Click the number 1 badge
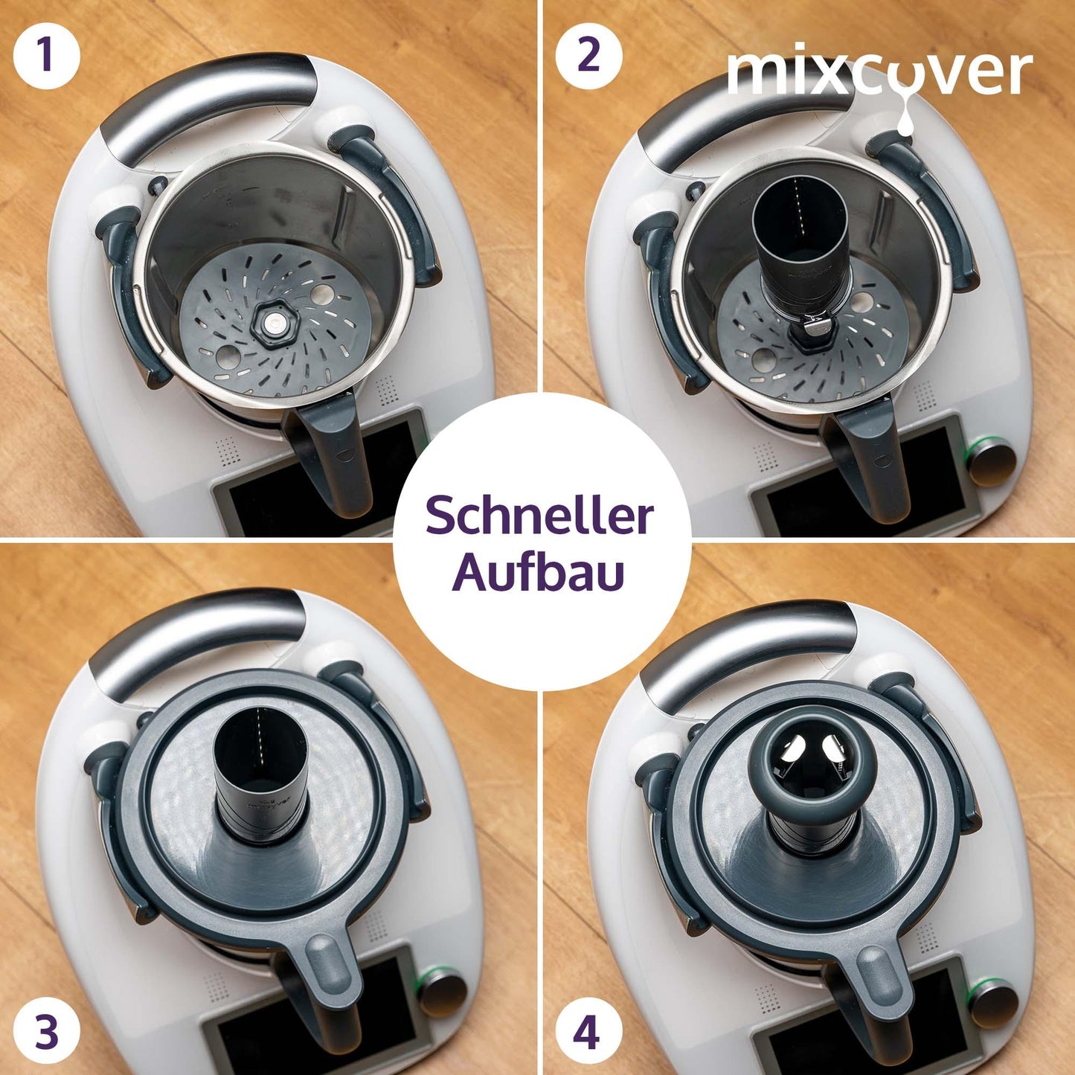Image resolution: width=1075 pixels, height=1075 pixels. pyautogui.click(x=47, y=57)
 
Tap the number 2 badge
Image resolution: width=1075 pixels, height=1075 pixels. pyautogui.click(x=589, y=57)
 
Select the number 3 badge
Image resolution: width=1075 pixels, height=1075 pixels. pyautogui.click(x=47, y=1018)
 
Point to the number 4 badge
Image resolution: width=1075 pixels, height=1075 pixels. pyautogui.click(x=589, y=1018)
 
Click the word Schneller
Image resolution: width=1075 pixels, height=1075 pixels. pyautogui.click(x=539, y=516)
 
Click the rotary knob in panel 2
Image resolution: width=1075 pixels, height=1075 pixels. pyautogui.click(x=992, y=463)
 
